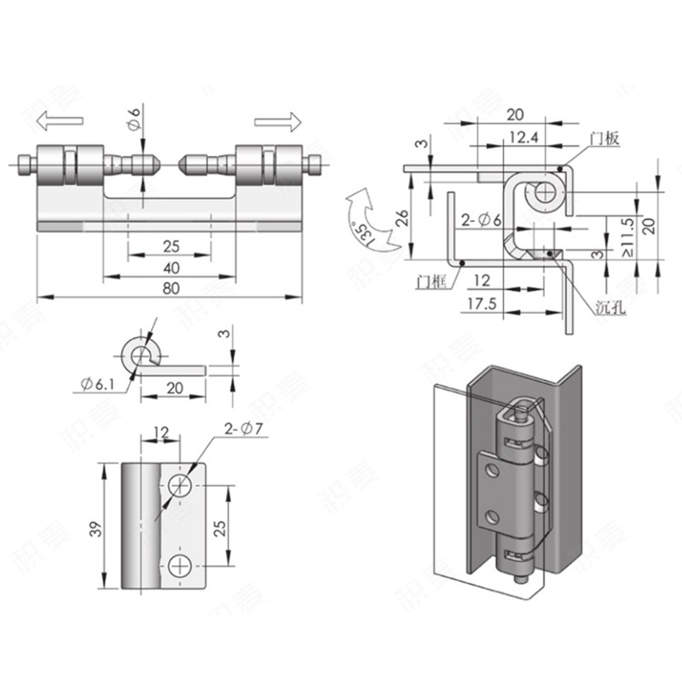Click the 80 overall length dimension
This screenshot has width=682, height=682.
point(170,288)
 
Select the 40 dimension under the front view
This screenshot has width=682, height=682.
point(170,268)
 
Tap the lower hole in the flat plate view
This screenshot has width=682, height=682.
point(180,565)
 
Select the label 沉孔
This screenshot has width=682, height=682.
point(610,309)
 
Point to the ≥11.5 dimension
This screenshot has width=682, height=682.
point(627,237)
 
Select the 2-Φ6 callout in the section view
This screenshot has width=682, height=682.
point(483,222)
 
